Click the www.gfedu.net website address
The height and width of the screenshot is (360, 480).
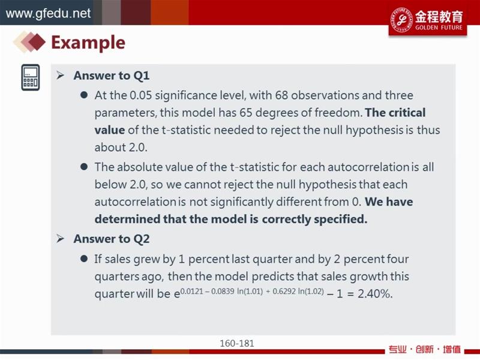tap(49, 13)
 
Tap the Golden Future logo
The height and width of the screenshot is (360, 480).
tap(428, 20)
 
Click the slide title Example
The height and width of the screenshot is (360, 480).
tap(88, 43)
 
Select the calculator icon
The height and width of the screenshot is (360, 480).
tap(31, 77)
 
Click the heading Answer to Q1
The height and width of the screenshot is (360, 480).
tap(112, 76)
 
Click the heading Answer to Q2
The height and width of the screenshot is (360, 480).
tap(112, 239)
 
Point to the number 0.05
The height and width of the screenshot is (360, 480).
tap(140, 95)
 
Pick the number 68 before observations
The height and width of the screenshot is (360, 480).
tap(281, 95)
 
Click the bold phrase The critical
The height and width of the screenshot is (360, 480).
tap(395, 113)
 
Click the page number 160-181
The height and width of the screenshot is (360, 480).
tap(237, 343)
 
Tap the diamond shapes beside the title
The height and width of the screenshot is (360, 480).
tap(29, 42)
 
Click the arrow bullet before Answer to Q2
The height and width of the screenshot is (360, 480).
tap(61, 239)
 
